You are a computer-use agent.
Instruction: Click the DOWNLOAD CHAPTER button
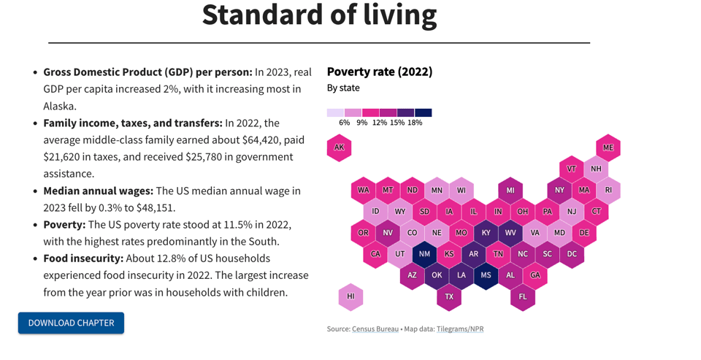tap(71, 323)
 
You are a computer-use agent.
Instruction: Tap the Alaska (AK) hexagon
tap(339, 148)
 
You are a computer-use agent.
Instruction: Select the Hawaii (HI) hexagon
tap(350, 296)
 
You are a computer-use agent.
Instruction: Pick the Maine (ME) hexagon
tap(608, 148)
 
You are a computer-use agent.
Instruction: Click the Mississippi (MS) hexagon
tap(486, 275)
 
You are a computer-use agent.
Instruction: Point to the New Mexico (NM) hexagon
tap(424, 254)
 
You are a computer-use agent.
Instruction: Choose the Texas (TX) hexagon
tap(449, 296)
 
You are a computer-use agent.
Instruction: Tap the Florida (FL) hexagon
tap(523, 296)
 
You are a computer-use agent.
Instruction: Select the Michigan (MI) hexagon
tap(510, 191)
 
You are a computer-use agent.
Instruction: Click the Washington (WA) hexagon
tap(363, 191)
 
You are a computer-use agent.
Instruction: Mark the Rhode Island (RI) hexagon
tap(608, 191)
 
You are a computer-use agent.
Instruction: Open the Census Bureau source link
tap(375, 329)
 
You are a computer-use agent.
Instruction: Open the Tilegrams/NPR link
tap(460, 329)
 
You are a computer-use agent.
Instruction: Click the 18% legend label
tap(415, 123)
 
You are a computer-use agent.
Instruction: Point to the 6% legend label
tap(345, 123)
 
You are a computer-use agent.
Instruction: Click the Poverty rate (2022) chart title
tap(380, 72)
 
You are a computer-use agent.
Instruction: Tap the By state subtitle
tap(343, 88)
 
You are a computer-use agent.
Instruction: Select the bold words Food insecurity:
tap(83, 258)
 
